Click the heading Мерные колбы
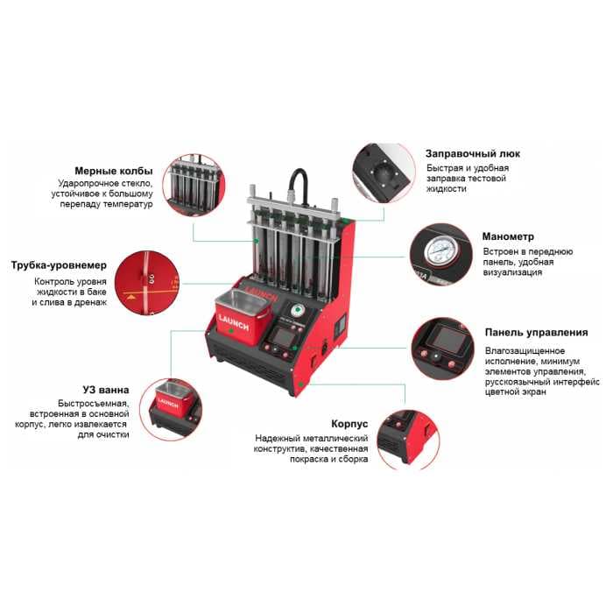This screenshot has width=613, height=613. (x=113, y=172)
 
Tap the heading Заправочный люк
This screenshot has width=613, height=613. (x=473, y=153)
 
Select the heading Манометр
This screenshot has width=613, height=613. (x=508, y=236)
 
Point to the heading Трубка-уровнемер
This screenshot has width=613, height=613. (x=59, y=265)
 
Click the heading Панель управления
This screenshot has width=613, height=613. (x=536, y=332)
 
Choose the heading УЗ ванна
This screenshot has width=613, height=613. (x=106, y=390)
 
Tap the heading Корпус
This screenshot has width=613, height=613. (x=349, y=424)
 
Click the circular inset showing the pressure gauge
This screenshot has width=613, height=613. (x=441, y=254)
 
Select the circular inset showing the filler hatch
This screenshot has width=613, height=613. (x=384, y=173)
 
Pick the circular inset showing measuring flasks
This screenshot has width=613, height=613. (x=194, y=186)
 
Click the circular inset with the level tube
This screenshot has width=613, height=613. (x=151, y=283)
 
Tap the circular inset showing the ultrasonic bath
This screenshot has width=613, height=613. (x=171, y=409)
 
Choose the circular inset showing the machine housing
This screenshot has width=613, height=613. (x=408, y=440)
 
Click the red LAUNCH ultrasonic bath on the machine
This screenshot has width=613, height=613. (x=243, y=317)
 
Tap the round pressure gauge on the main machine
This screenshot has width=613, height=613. (x=298, y=311)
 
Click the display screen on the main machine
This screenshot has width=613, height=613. (x=285, y=336)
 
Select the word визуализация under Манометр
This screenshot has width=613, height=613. (x=512, y=272)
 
